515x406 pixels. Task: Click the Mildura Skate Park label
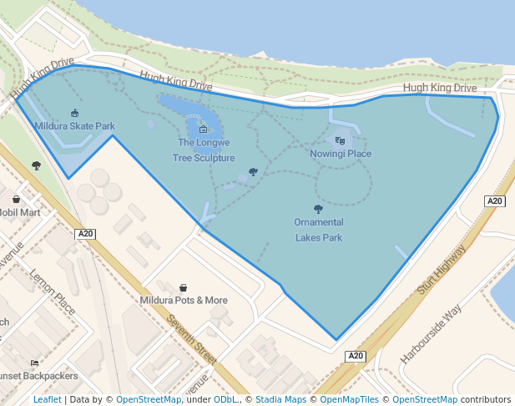[x=75, y=126]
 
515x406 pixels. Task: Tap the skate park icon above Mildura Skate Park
[x=75, y=113]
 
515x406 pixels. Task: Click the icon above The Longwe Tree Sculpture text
[x=203, y=129]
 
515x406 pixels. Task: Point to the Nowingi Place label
[x=341, y=154]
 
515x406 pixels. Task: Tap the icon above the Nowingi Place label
[x=340, y=140]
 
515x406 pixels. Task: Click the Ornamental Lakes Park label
[x=318, y=230]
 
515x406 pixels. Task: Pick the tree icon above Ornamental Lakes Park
[x=318, y=209]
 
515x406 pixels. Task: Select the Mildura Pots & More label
[x=184, y=300]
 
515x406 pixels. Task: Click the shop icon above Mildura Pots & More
[x=183, y=287]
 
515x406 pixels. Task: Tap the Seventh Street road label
[x=191, y=339]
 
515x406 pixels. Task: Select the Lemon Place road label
[x=53, y=286]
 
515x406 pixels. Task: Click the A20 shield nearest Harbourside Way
[x=356, y=357]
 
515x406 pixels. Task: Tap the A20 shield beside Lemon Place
[x=85, y=234]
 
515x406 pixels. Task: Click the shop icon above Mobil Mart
[x=17, y=199]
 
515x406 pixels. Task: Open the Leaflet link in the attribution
[x=47, y=400]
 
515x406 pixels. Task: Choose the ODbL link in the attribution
[x=225, y=400]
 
